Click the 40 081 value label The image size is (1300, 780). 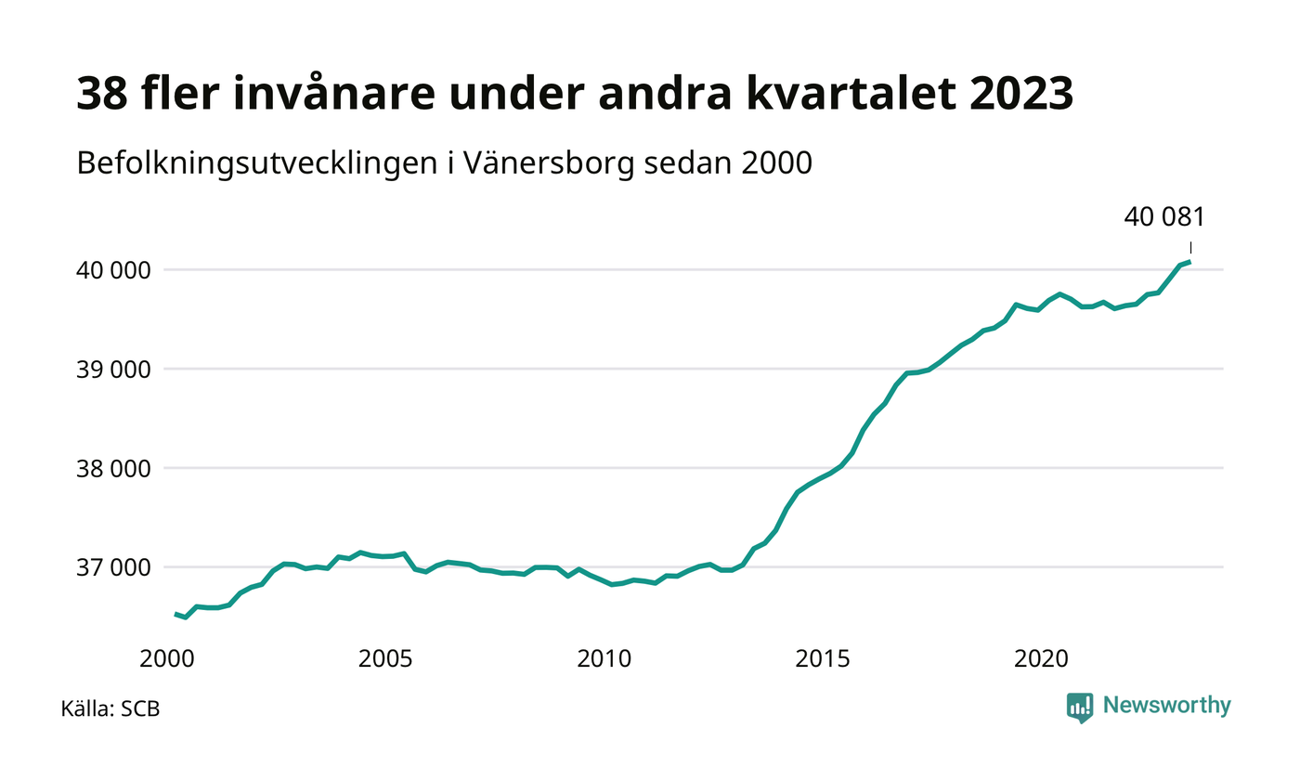tap(1164, 217)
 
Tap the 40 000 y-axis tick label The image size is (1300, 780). tap(113, 270)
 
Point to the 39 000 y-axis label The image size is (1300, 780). tap(113, 370)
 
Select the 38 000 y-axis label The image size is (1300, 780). tap(113, 469)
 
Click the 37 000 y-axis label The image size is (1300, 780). tap(113, 568)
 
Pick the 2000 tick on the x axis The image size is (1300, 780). tap(166, 658)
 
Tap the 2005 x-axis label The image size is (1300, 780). tap(385, 658)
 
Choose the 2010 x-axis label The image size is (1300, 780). tap(604, 658)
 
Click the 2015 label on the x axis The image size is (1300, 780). tap(823, 658)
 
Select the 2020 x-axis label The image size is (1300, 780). tap(1041, 658)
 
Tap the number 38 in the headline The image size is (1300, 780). tap(102, 94)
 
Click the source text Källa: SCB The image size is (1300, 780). tap(110, 708)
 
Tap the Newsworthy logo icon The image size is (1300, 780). tap(1079, 708)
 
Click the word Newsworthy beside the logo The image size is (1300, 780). tap(1166, 706)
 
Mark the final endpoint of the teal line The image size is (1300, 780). tap(1190, 262)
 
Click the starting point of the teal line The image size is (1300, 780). tap(175, 614)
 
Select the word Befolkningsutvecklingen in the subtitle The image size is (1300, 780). tap(257, 163)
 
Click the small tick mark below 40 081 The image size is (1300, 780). tap(1190, 248)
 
